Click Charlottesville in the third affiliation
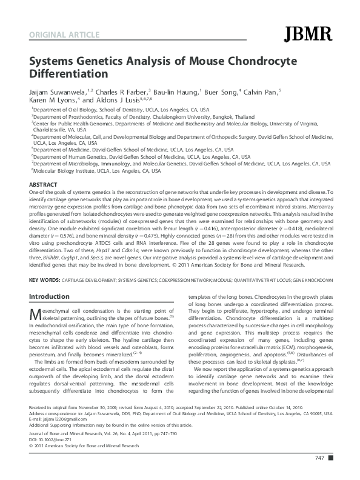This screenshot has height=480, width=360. (x=55, y=130)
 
